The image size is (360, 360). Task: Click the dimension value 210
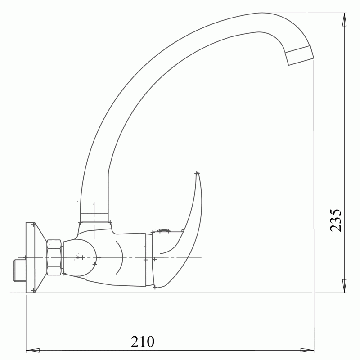[143, 342]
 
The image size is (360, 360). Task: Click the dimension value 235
[335, 220]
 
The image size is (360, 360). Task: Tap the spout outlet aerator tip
[299, 55]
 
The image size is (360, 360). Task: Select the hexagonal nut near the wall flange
[54, 257]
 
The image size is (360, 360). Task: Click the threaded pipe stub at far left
[20, 270]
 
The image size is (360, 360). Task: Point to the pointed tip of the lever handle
[197, 173]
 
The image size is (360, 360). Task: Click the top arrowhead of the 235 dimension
[344, 19]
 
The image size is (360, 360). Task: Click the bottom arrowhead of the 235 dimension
[344, 286]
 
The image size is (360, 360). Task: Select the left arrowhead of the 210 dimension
[32, 351]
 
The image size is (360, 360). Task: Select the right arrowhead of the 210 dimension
[307, 351]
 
